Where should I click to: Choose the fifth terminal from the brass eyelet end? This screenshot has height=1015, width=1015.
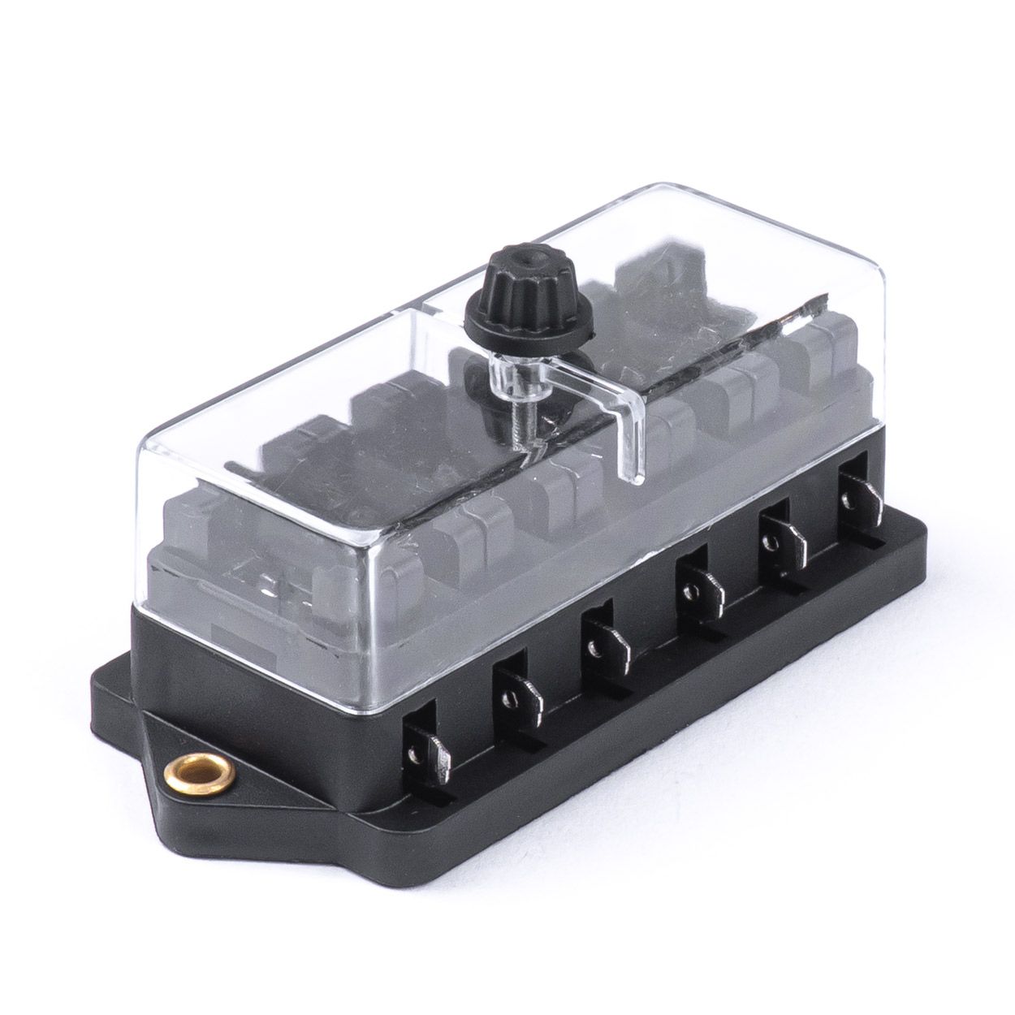point(779,540)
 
